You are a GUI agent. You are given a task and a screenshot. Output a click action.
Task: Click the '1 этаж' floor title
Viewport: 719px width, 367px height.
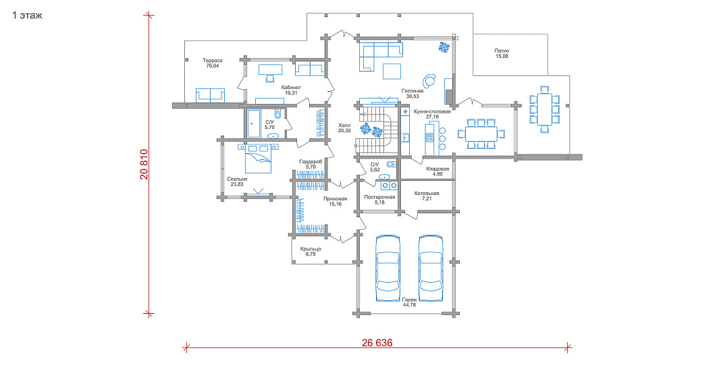click(x=27, y=16)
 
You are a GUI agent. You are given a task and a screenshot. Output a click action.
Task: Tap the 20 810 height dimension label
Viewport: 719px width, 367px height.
click(x=144, y=164)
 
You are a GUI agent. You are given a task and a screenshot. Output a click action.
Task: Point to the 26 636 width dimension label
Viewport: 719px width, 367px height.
click(x=377, y=343)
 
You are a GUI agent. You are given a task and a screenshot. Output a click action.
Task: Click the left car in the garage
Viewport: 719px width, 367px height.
click(x=388, y=268)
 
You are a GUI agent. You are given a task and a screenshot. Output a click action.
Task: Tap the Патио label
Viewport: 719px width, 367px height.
click(x=502, y=51)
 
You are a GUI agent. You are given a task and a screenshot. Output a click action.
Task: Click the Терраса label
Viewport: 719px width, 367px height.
click(x=212, y=60)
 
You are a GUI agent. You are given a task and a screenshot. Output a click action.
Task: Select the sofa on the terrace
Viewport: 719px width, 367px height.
click(x=211, y=95)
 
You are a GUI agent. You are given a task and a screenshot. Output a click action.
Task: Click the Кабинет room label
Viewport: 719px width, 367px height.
click(x=291, y=87)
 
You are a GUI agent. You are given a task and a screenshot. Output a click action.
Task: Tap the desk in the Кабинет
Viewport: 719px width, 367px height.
click(x=271, y=69)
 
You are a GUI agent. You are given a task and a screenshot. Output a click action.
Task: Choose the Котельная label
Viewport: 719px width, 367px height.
click(x=427, y=194)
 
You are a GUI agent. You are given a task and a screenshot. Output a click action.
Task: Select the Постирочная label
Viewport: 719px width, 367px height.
click(x=379, y=197)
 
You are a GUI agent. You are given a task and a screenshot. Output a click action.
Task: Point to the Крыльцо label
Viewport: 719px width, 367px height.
click(x=311, y=249)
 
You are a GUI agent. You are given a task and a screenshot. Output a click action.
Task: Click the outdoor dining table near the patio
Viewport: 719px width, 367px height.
click(x=544, y=109)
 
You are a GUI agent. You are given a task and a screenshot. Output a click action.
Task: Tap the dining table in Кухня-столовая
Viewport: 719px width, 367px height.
click(x=481, y=134)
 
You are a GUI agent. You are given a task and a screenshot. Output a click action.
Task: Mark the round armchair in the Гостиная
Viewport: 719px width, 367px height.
click(x=429, y=81)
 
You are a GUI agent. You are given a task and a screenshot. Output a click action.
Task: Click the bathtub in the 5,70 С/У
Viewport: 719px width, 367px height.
click(x=254, y=123)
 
